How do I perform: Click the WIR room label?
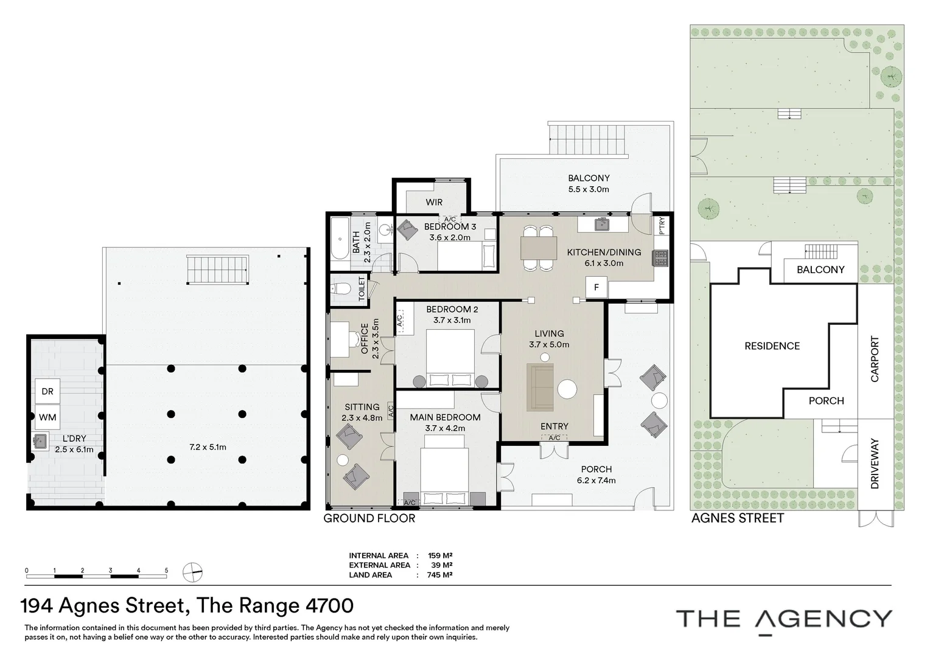pos(434,202)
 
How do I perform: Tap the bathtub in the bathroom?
pos(340,242)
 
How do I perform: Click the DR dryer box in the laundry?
pos(47,391)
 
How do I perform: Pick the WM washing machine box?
pos(47,417)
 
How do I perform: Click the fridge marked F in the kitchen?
pos(596,287)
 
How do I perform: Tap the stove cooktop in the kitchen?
pos(660,258)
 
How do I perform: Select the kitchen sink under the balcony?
pos(601,224)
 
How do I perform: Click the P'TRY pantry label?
pos(663,226)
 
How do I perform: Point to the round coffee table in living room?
pos(567,389)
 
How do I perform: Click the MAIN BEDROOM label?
pos(445,417)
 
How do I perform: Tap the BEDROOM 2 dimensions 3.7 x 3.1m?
pos(452,320)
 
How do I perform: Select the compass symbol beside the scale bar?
pos(193,572)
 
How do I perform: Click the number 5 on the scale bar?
pos(166,571)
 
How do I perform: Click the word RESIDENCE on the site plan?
pos(772,346)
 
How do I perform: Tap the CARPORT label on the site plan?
pos(875,359)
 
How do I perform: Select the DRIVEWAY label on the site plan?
pos(875,464)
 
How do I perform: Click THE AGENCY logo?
pos(784,619)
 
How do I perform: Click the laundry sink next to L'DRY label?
pos(41,440)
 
